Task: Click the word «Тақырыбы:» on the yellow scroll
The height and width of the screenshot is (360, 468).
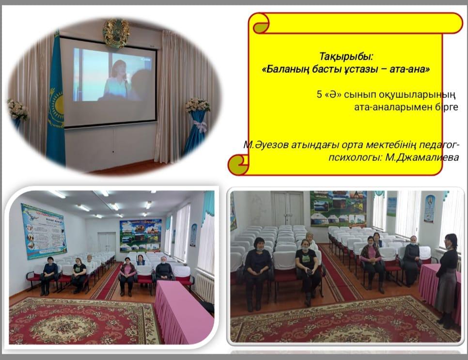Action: [346, 56]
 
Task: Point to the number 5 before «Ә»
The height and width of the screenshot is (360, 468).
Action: [320, 94]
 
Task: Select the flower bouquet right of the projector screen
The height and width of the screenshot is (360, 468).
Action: [197, 106]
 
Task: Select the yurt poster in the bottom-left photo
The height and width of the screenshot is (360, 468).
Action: [140, 235]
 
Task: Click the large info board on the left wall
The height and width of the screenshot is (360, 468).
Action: [44, 231]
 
